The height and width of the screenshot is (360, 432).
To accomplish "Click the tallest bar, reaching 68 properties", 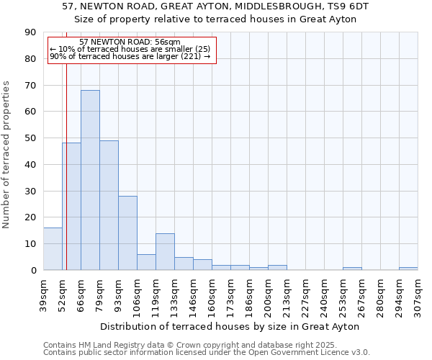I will pos(90,180).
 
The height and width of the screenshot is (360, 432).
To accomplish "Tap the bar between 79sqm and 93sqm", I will pos(109,205).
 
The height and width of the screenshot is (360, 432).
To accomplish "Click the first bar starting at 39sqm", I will pos(53,249).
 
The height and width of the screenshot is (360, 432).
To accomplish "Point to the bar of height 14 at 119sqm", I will pos(165,251).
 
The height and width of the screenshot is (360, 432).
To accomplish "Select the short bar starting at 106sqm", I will pos(146,262).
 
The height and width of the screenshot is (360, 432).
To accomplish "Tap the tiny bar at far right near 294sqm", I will pos(408,269).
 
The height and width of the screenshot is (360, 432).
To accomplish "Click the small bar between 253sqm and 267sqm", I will pos(352,269).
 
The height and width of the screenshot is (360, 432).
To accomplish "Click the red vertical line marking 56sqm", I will pos(66,166).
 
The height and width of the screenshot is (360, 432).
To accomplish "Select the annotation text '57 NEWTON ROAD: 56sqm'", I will pos(130,42).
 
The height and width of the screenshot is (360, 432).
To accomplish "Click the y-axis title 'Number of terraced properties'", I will pos(7,154).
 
